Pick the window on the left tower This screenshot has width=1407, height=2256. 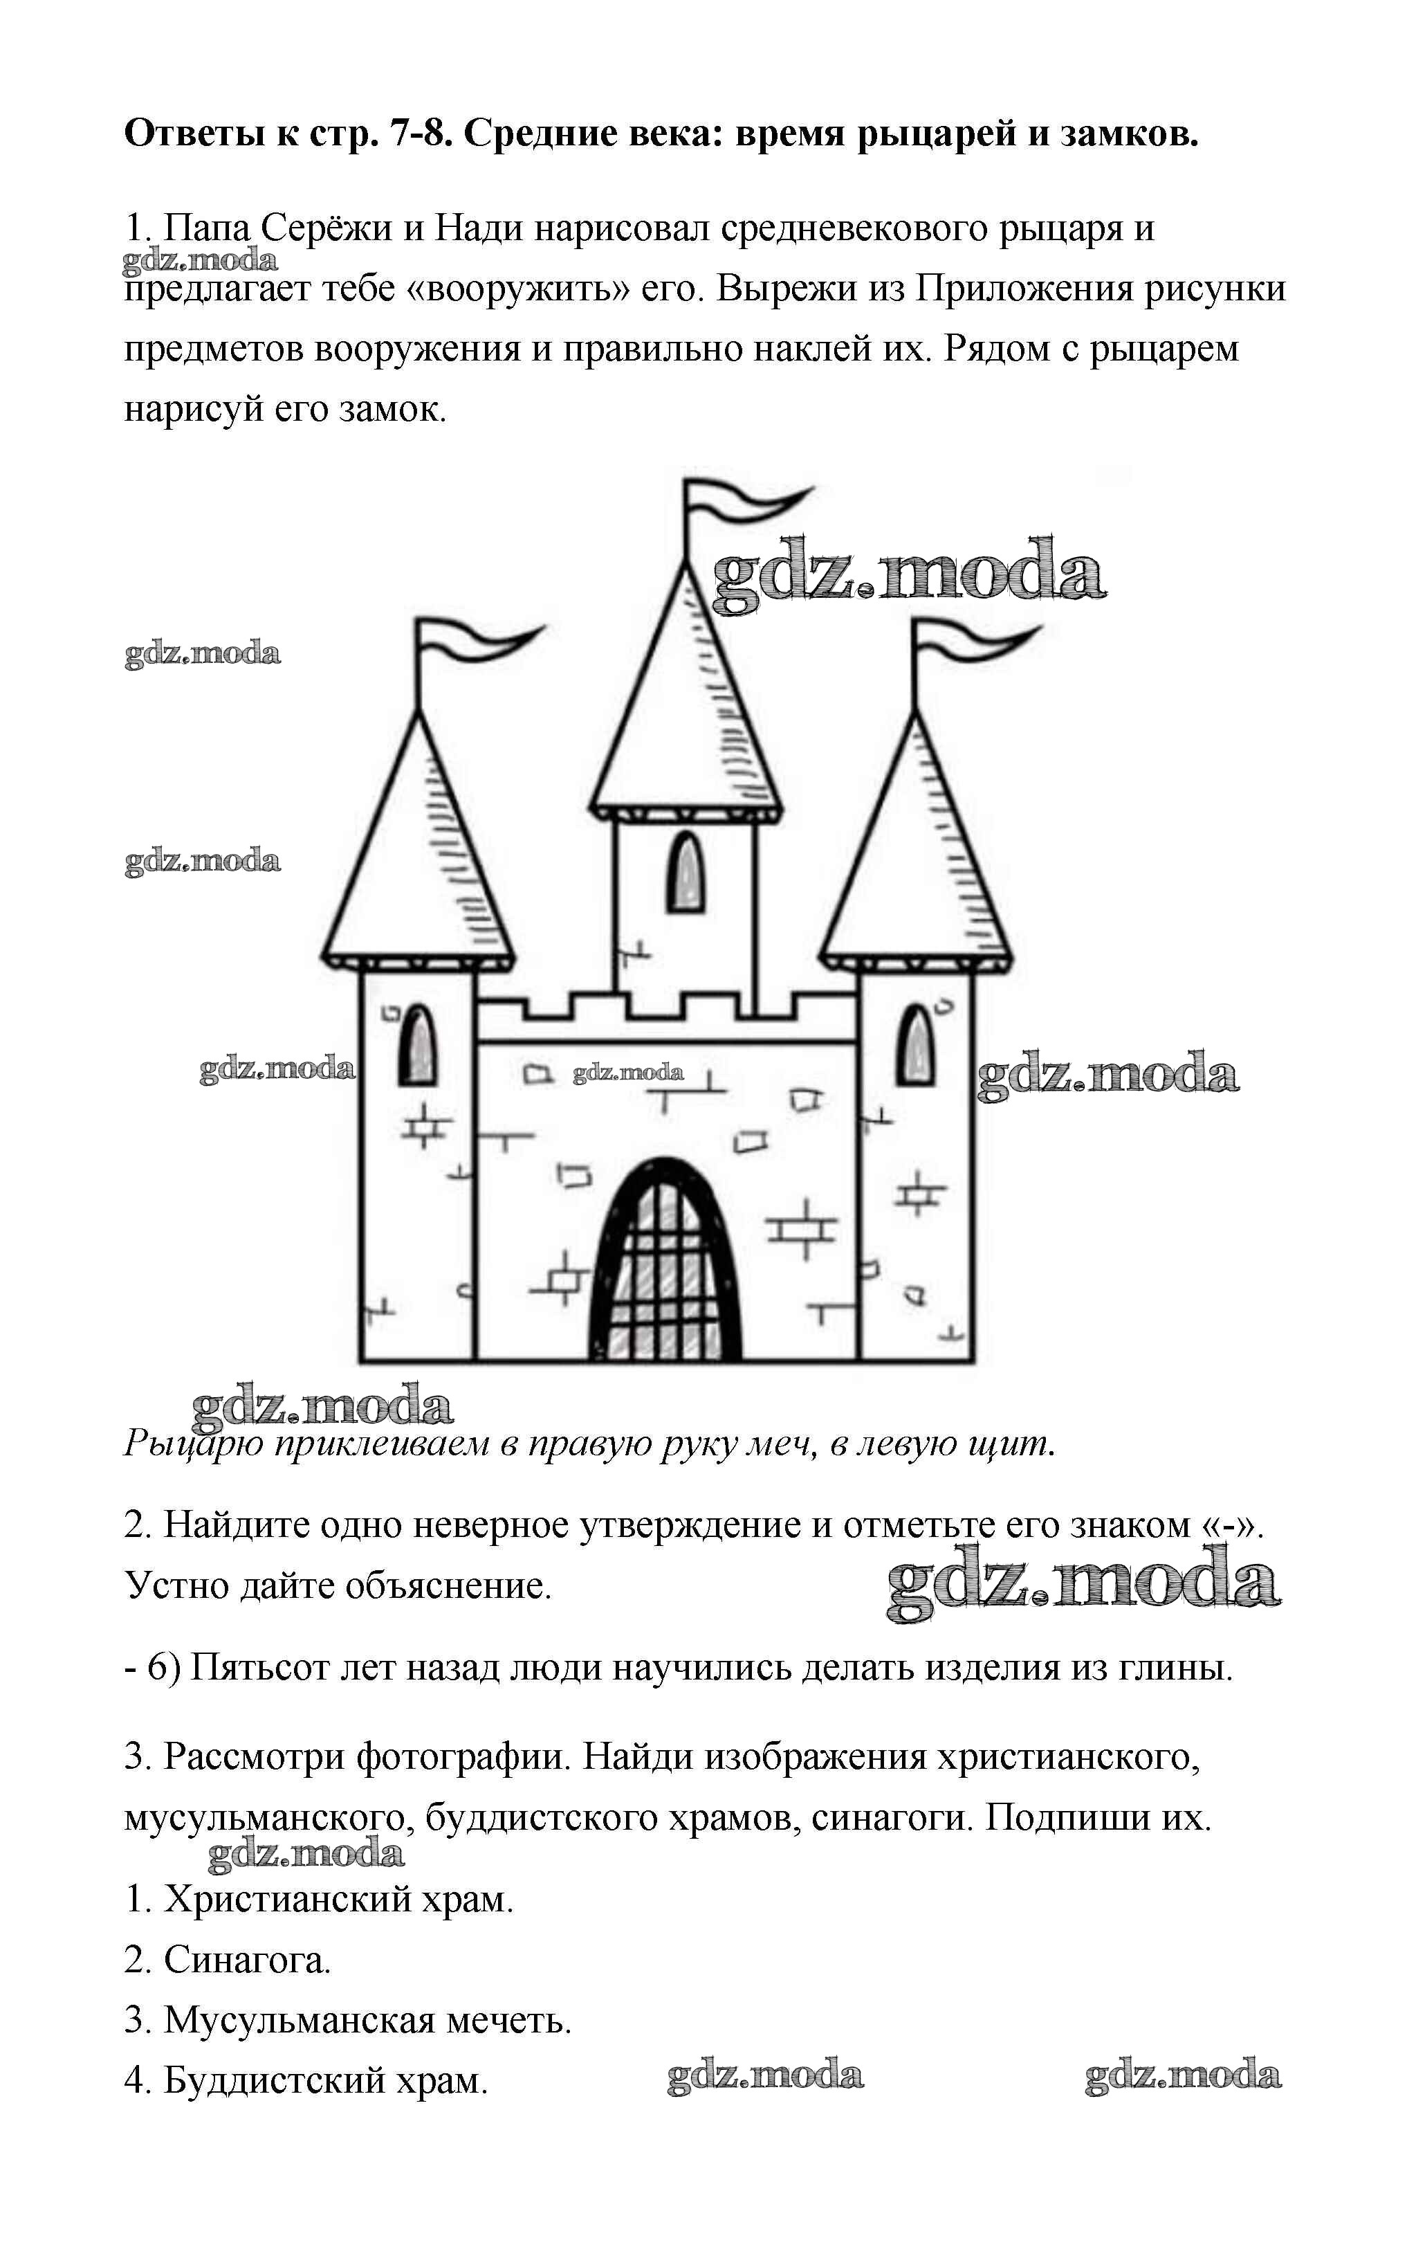click(417, 1044)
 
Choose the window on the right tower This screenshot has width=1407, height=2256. click(917, 1044)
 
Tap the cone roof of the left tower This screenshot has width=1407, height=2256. click(418, 856)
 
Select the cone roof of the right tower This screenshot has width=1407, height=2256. click(917, 856)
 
